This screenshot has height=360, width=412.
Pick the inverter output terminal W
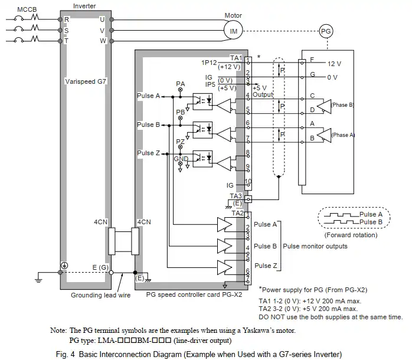click(x=103, y=41)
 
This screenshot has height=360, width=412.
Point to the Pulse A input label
click(x=148, y=96)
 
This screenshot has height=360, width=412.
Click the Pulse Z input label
click(x=148, y=153)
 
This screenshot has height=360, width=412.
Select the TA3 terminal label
click(x=236, y=195)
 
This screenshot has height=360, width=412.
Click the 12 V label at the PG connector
click(x=334, y=63)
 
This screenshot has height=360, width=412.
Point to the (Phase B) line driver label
click(x=342, y=104)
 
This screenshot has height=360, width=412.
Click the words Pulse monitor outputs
click(x=316, y=246)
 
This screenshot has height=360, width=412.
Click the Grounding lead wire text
click(x=100, y=295)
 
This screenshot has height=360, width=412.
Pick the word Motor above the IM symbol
click(x=233, y=15)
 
